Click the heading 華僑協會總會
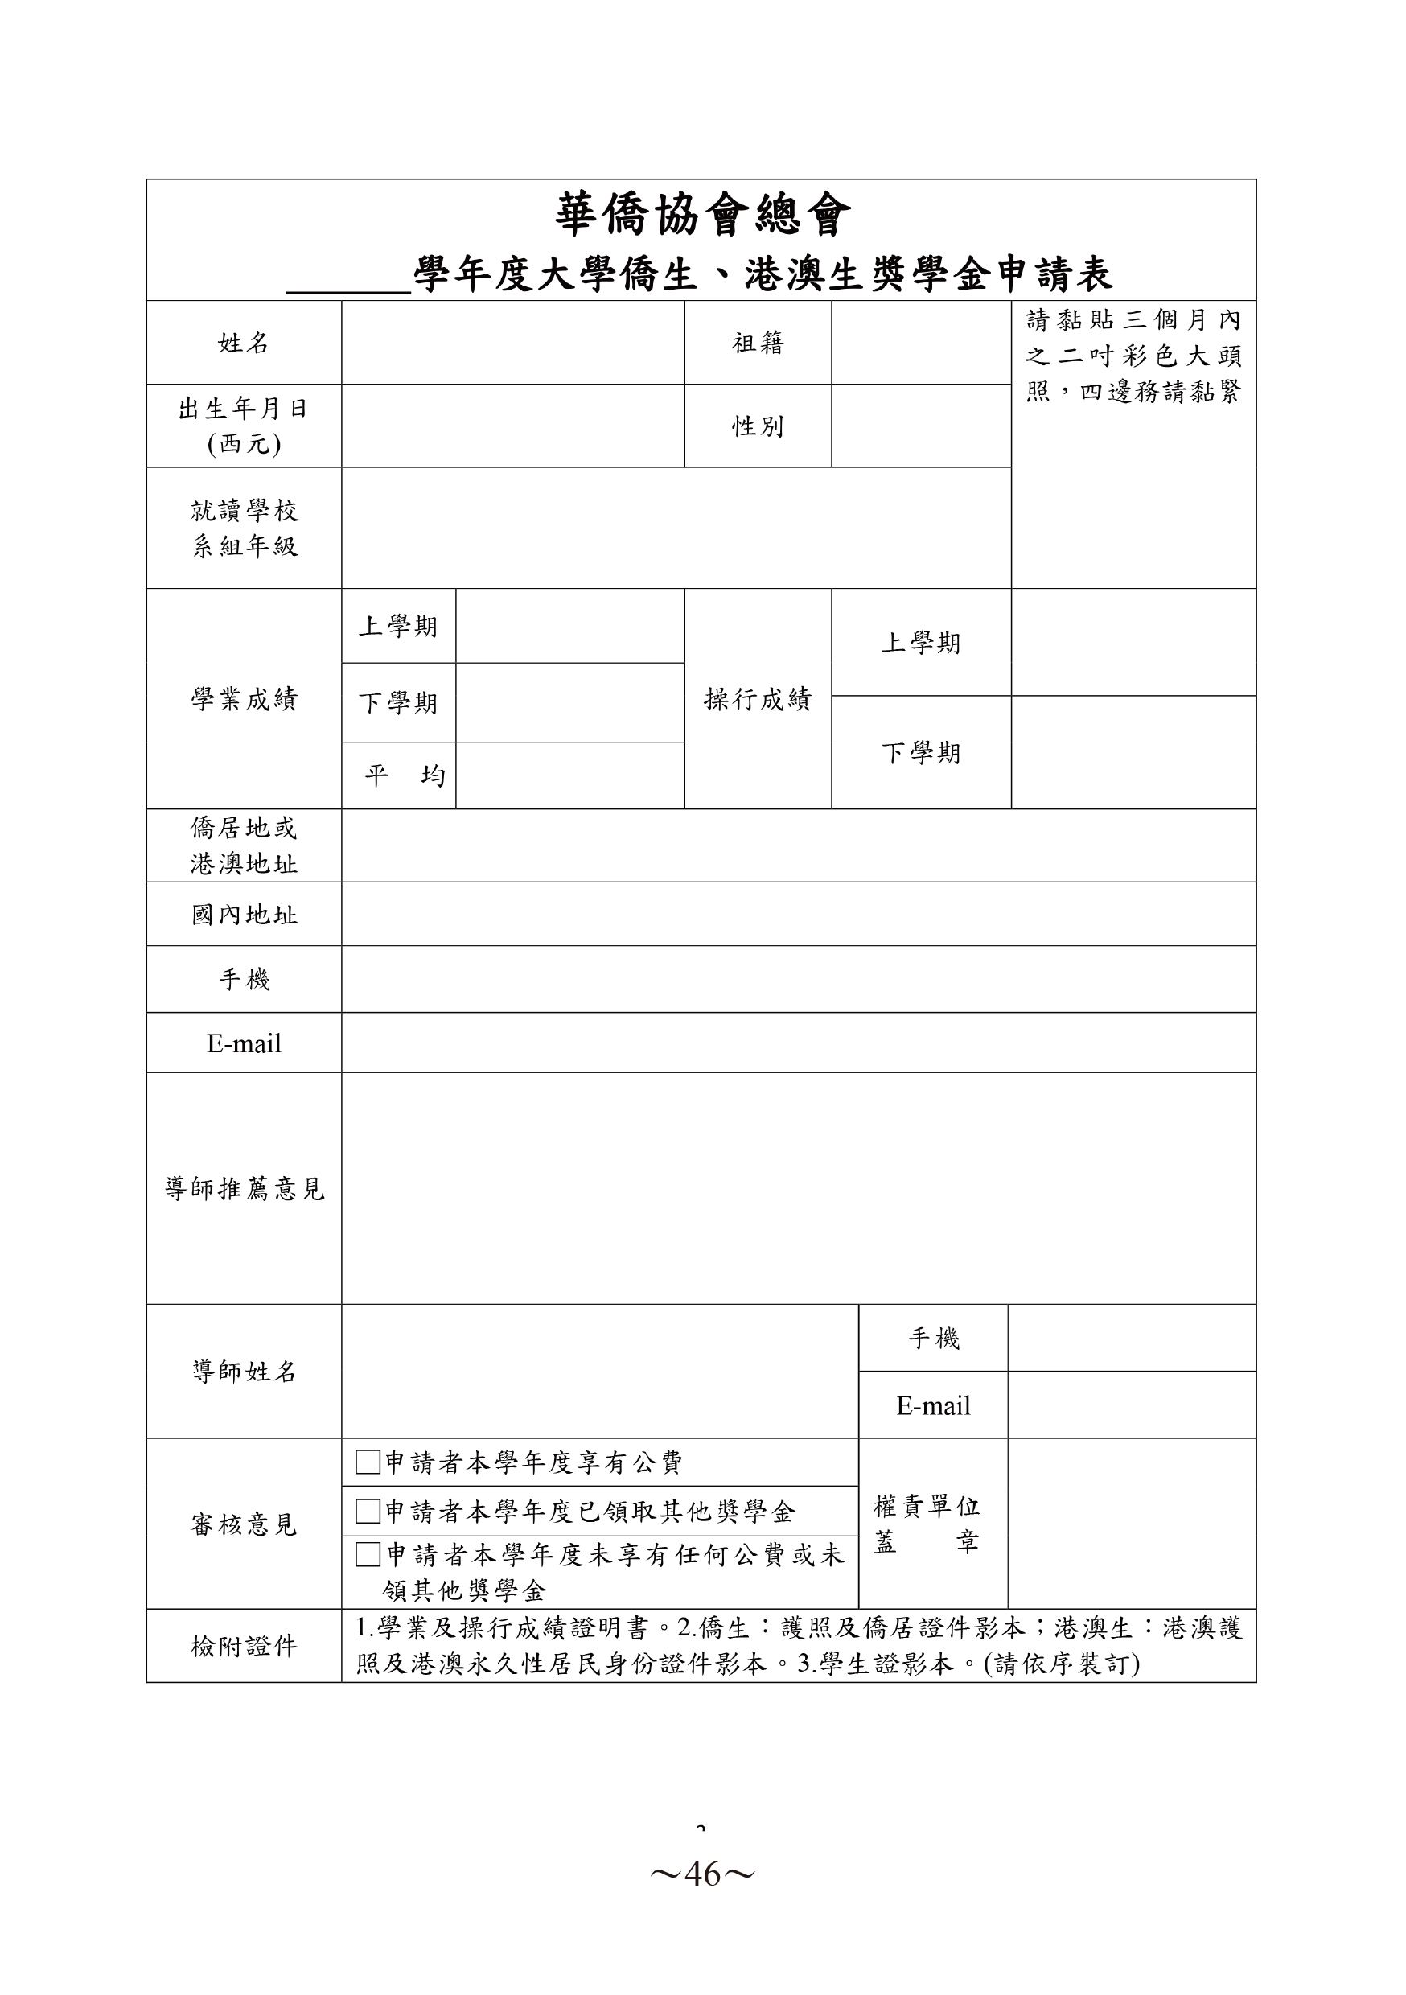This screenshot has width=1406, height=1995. pos(702,215)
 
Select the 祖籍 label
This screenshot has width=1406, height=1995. pos(758,343)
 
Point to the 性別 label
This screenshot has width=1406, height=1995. pos(758,426)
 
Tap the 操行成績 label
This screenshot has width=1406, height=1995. pos(758,698)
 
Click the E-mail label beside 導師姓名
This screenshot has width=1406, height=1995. pos(933,1405)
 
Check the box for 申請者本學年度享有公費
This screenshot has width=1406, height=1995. pos(368,1462)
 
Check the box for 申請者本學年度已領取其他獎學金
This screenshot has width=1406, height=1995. pos(368,1512)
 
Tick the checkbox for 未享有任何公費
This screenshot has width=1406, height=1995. pos(368,1554)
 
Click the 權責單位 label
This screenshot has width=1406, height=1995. pos(927,1506)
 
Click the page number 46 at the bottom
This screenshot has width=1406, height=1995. pos(702,1875)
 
